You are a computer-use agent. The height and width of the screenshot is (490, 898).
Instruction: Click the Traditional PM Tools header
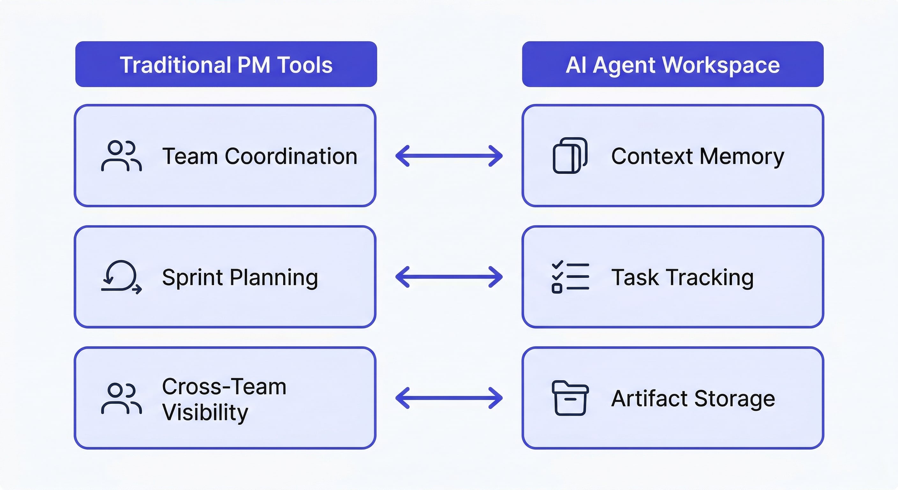point(226,64)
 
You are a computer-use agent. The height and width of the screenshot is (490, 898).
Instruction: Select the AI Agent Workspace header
point(673,64)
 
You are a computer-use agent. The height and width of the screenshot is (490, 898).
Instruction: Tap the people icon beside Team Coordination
point(121,156)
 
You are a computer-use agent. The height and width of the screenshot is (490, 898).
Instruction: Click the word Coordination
point(291,156)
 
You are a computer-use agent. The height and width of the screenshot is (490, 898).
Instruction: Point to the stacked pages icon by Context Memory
point(570,156)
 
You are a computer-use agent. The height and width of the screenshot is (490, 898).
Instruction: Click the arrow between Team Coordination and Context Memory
point(449,156)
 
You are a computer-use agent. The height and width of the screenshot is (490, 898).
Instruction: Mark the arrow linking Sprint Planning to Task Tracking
point(449,277)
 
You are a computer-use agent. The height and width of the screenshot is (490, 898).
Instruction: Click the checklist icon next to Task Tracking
point(570,277)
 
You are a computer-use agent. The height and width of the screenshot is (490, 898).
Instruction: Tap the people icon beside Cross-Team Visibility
point(121,398)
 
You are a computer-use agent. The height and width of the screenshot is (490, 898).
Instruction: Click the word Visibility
point(205,412)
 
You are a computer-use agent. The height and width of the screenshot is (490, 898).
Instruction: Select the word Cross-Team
point(224,386)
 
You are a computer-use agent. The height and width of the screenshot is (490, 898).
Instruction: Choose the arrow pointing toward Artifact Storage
point(449,398)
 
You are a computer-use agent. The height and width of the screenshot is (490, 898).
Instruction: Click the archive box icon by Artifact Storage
point(570,398)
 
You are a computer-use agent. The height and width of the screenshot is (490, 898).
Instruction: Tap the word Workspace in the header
point(721,65)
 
